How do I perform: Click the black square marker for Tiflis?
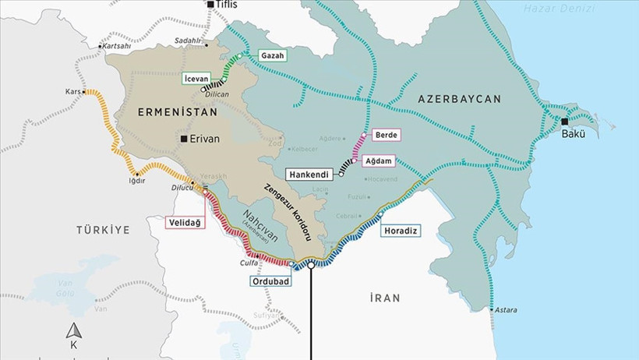tap(210, 5)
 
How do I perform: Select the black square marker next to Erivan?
tap(184, 139)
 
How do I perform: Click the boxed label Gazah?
tap(273, 56)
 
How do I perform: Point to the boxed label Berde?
tap(386, 135)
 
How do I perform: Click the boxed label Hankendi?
tap(312, 175)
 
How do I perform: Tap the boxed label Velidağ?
tap(183, 223)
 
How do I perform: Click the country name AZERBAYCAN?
tap(459, 99)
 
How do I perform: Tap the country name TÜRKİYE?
tap(103, 229)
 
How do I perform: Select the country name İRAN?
tap(385, 298)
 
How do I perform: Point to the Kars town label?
tap(73, 92)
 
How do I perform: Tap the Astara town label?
tap(504, 310)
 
